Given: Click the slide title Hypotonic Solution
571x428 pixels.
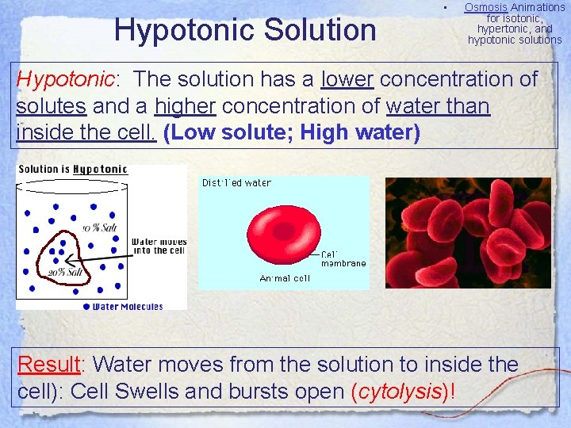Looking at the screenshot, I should click(x=245, y=30).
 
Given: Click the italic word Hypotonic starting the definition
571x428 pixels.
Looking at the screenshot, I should click(x=66, y=79).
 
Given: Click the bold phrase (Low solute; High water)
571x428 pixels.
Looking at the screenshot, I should click(x=291, y=132).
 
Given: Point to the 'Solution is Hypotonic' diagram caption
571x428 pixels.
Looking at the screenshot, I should click(x=72, y=169).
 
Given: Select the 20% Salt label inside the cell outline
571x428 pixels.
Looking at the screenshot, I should click(x=65, y=273).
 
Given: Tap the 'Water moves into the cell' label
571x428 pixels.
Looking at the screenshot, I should click(x=159, y=246).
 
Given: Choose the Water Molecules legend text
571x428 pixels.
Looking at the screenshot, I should click(x=127, y=306).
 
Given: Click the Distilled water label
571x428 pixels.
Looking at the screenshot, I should click(x=236, y=183).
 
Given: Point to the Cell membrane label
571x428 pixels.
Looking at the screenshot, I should click(x=343, y=258).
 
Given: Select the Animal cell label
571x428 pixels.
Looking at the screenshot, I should click(x=285, y=278).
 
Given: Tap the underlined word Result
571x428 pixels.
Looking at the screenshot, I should click(x=51, y=365).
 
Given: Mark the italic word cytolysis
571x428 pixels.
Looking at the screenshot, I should click(x=399, y=392).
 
